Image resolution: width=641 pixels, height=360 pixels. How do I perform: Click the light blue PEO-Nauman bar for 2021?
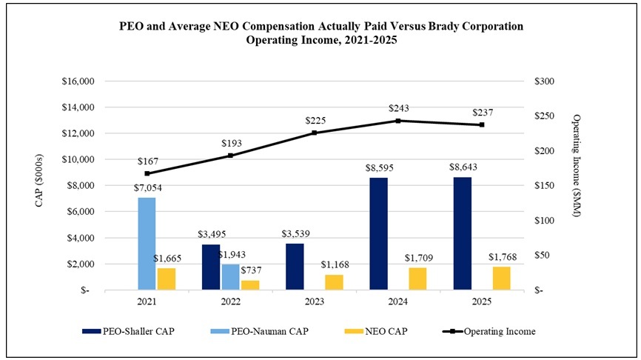[x=147, y=244]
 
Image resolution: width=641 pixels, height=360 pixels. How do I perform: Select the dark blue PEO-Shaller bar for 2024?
[x=378, y=233]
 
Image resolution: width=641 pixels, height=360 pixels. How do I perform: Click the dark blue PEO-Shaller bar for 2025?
[x=462, y=233]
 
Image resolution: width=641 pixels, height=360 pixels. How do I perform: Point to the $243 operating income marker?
[x=398, y=120]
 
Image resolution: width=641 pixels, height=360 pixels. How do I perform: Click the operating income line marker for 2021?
[x=147, y=173]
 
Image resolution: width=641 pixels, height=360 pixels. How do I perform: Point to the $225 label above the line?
[x=315, y=120]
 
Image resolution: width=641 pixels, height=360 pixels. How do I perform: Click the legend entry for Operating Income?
[x=498, y=331]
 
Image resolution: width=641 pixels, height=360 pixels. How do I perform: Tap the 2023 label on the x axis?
[x=315, y=302]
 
